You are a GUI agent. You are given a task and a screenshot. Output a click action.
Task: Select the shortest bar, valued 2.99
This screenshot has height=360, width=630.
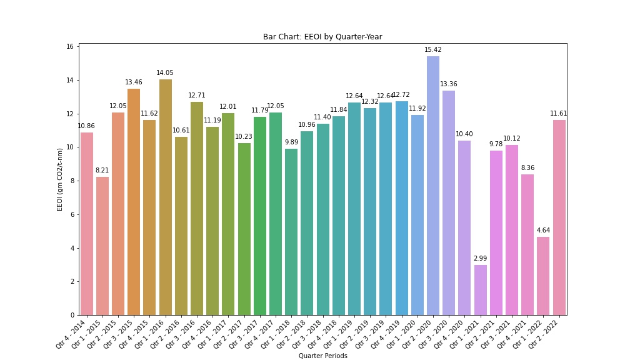(x=480, y=290)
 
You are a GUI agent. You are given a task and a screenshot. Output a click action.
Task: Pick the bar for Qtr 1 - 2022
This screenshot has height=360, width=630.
(x=543, y=276)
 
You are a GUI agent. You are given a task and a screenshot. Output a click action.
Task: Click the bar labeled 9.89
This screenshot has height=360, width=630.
(x=291, y=232)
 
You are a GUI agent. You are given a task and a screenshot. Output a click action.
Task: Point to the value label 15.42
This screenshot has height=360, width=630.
(x=433, y=50)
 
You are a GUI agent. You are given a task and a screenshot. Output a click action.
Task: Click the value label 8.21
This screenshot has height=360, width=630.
(x=102, y=170)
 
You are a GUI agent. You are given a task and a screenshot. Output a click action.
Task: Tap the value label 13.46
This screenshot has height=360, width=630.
(x=134, y=82)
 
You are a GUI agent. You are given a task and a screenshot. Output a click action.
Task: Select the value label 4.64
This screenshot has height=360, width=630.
(x=543, y=231)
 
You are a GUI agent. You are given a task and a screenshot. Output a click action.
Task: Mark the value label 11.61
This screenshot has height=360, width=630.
(x=558, y=114)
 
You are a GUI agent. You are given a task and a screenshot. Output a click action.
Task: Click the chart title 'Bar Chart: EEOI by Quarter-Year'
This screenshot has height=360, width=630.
(x=322, y=37)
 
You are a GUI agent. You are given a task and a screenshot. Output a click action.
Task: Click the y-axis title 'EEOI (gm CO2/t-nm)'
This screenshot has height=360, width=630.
(x=61, y=179)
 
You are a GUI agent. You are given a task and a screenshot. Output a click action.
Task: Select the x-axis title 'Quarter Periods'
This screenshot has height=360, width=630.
(x=322, y=356)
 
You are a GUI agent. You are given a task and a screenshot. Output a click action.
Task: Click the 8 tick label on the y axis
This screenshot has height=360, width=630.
(x=72, y=181)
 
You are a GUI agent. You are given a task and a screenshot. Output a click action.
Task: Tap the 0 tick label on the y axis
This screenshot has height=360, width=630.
(x=72, y=315)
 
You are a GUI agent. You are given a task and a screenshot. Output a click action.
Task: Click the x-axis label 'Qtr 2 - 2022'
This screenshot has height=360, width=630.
(x=545, y=333)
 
